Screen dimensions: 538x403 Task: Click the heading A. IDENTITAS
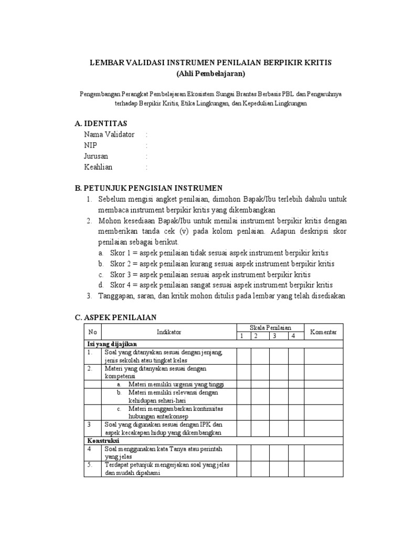pos(105,123)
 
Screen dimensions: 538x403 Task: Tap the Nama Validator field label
pos(109,134)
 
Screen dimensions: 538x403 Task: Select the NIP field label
pos(90,146)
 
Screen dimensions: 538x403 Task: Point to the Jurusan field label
pos(96,157)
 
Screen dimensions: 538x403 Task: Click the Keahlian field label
pos(98,167)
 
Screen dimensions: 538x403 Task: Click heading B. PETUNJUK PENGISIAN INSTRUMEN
pos(149,188)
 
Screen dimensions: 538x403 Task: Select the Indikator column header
pos(168,332)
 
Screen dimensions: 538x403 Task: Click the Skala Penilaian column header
pos(270,328)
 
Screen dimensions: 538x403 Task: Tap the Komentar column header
pos(324,332)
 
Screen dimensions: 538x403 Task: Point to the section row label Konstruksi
pos(103,440)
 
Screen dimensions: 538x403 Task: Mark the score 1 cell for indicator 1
pos(243,356)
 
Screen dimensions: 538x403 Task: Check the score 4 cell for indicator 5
pos(296,469)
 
